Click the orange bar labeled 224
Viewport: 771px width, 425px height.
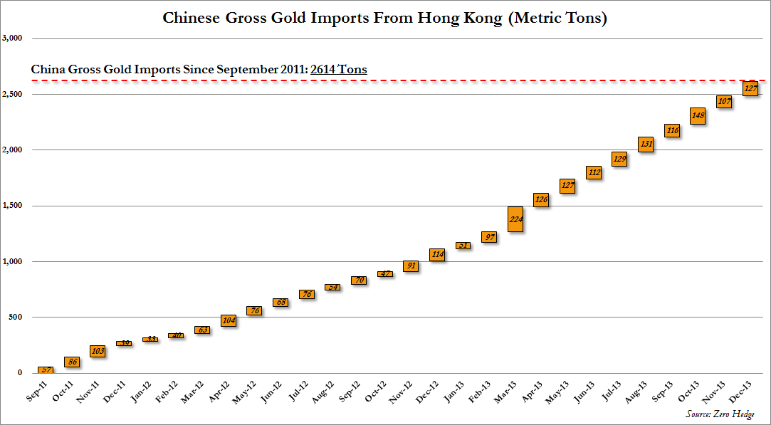[515, 219]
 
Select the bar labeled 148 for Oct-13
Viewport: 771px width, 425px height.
[698, 116]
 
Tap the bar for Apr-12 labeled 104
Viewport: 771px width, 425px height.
[229, 321]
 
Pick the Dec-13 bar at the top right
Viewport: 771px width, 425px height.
[751, 88]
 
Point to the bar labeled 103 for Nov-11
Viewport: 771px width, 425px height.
[98, 351]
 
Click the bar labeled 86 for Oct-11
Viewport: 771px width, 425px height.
[72, 362]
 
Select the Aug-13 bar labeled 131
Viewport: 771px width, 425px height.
[646, 145]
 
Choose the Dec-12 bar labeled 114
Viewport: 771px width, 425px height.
[437, 254]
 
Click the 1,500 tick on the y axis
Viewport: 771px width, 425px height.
[13, 206]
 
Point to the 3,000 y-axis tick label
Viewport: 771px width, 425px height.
[13, 38]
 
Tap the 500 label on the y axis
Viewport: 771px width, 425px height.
[15, 317]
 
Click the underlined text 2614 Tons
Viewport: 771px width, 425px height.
[339, 70]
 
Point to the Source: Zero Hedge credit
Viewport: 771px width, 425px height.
[719, 414]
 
